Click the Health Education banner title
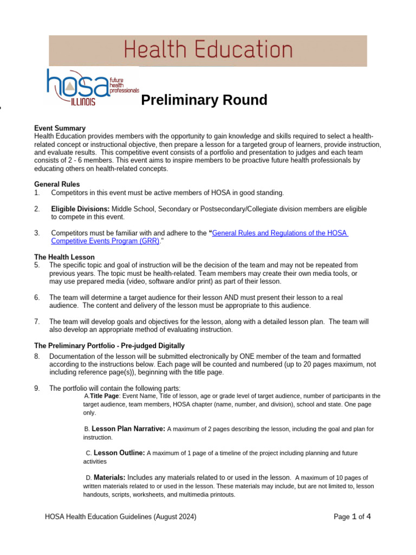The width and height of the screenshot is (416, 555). [x=208, y=50]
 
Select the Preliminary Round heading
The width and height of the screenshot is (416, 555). [x=204, y=100]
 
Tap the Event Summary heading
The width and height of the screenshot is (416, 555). [x=60, y=128]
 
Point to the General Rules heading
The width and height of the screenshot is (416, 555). [x=57, y=184]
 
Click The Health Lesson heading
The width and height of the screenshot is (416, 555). [x=64, y=257]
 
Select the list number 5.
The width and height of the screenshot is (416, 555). [x=37, y=265]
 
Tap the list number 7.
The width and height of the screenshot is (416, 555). [x=37, y=321]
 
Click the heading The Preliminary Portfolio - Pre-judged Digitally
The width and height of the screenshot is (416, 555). [x=109, y=345]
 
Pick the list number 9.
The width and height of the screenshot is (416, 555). [x=37, y=388]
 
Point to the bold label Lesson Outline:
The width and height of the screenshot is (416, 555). [x=119, y=453]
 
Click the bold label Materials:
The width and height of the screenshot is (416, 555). [x=109, y=477]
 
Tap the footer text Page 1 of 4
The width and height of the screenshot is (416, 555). [x=352, y=517]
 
